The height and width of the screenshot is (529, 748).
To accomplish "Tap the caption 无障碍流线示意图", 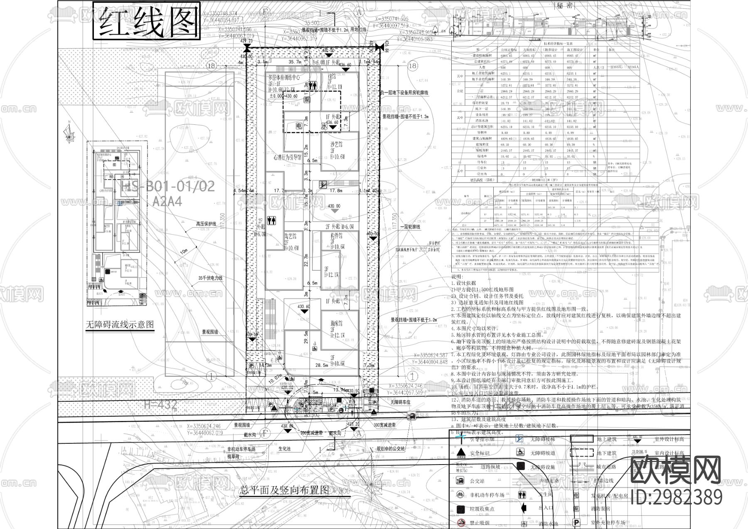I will [120, 324].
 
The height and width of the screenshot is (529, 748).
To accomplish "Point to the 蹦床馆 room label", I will [337, 323].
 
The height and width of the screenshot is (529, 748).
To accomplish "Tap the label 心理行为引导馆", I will [287, 158].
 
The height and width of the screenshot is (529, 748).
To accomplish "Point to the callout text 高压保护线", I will [207, 224].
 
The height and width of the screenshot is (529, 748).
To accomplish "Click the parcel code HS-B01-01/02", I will [167, 186].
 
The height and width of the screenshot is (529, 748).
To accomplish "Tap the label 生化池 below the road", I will [285, 449].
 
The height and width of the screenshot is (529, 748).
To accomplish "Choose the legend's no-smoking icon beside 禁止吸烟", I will [460, 522].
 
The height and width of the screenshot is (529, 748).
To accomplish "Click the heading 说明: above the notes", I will [457, 277].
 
